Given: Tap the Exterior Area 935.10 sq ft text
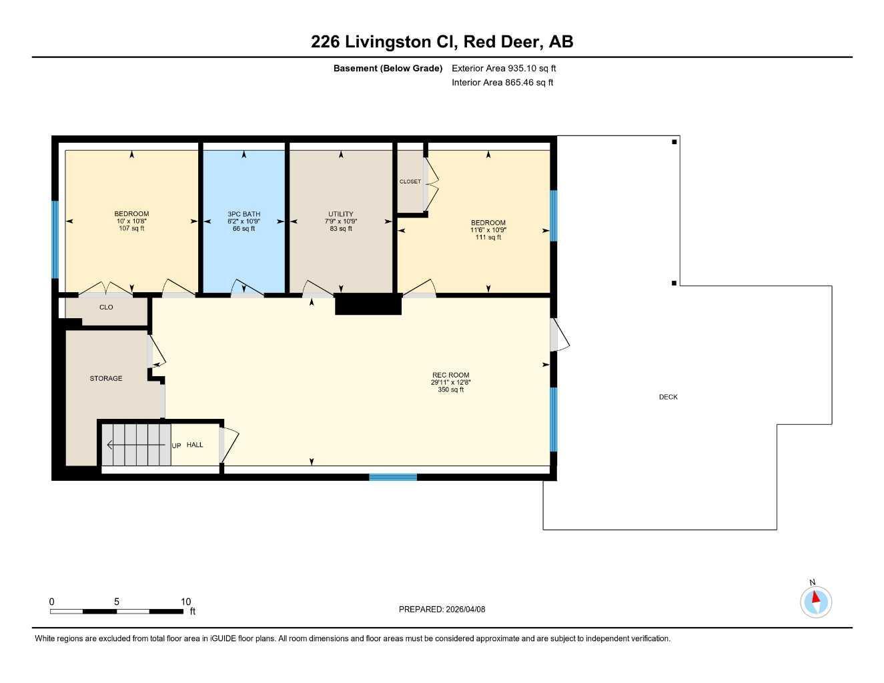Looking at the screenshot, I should tap(504, 68).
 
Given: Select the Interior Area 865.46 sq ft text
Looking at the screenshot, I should tap(502, 83).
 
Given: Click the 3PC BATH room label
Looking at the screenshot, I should tap(244, 214).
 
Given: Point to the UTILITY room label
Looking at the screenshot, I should tap(341, 214).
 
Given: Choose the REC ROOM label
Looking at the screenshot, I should tap(450, 375).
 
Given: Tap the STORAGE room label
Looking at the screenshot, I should tap(106, 378).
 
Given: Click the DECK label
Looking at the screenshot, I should tap(668, 397).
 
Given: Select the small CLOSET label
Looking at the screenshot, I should tap(410, 181).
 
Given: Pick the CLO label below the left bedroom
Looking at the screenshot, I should tap(106, 307).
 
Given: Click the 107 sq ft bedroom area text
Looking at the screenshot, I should tap(131, 229).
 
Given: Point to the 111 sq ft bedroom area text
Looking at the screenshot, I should tap(488, 237).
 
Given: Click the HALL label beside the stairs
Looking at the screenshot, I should tap(195, 445).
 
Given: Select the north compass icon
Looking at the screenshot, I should tap(815, 601).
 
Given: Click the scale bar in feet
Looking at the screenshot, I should tap(117, 611).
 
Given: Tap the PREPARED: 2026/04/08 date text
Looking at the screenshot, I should tap(442, 609).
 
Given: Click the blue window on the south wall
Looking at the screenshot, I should tap(393, 477).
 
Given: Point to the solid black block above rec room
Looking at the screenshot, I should tap(368, 304).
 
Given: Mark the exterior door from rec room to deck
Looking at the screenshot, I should tap(558, 334).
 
